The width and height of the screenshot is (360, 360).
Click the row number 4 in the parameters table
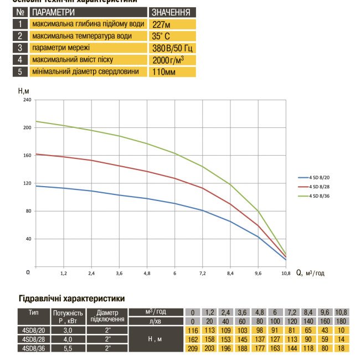coord(20,59)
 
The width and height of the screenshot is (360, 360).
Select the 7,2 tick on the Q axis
coord(203,274)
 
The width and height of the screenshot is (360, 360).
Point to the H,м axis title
coord(24,91)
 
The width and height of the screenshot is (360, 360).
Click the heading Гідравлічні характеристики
coord(72,299)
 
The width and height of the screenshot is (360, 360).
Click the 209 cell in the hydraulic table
coord(192,348)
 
